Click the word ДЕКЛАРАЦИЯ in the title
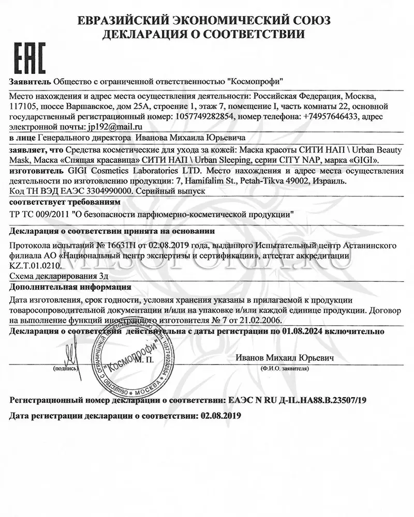(150, 34)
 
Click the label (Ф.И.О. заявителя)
(285, 370)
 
